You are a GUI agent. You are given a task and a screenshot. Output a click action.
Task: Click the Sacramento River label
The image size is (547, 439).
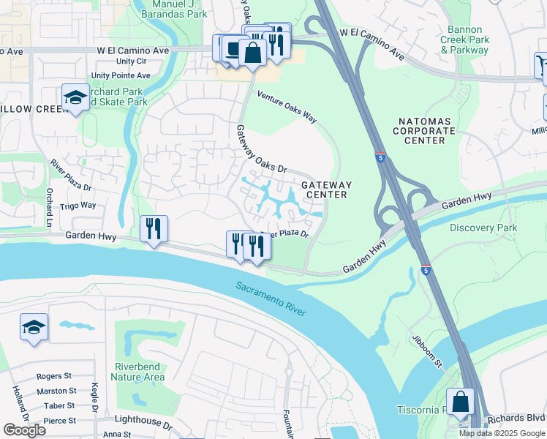pos(271,299)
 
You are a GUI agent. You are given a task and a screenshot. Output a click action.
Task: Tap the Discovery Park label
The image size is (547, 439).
pos(483,228)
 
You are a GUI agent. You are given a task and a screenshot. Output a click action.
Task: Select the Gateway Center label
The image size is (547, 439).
pos(326,190)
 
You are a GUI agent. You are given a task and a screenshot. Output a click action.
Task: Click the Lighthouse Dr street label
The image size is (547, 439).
pos(144,424)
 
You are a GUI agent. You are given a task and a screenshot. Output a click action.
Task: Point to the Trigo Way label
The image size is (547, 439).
pos(78,206)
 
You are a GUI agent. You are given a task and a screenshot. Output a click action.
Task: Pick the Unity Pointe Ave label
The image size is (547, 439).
pos(121,75)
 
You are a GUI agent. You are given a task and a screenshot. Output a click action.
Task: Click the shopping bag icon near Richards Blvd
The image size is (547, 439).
pos(460,402)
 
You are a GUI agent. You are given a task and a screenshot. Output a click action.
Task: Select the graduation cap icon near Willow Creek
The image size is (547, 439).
pos(75,97)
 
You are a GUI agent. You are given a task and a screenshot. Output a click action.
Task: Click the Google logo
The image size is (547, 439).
pos(24,429)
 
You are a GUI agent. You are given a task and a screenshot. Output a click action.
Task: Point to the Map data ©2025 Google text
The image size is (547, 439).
pos(502,433)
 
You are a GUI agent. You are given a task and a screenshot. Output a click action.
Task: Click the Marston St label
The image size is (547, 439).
pos(57,391)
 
